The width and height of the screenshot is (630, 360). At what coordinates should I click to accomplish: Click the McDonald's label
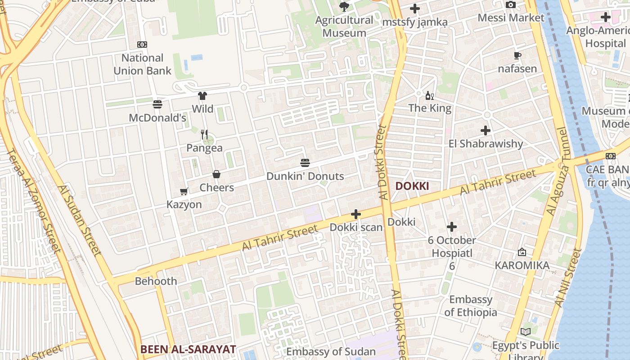tap(157, 118)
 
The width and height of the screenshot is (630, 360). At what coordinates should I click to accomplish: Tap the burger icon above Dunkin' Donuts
tap(305, 163)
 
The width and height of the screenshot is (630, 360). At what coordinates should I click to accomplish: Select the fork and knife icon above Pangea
tap(204, 134)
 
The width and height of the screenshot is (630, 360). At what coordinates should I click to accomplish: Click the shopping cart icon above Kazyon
tap(184, 192)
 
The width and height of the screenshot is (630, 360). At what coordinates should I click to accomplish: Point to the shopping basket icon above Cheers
tap(216, 174)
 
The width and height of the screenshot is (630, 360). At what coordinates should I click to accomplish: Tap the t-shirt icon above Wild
tap(202, 96)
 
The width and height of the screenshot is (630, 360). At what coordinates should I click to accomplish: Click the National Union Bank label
tap(142, 64)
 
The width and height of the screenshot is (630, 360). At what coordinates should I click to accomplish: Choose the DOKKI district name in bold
tap(412, 186)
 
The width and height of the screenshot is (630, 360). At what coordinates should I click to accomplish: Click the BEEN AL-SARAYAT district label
tap(188, 349)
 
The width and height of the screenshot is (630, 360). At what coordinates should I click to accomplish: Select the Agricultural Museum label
tap(344, 27)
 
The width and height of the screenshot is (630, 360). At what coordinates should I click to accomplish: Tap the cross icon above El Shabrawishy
tap(486, 130)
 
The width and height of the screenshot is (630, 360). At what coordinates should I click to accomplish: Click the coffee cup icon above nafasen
tap(517, 56)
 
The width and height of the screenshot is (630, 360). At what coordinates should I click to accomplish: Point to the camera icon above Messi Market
tap(511, 5)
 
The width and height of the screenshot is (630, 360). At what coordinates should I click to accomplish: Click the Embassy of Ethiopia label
tap(471, 306)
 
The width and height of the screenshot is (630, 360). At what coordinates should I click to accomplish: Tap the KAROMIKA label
tap(522, 265)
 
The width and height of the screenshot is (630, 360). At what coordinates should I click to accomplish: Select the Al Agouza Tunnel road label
tap(557, 171)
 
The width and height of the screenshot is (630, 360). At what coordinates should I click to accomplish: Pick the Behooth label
tap(156, 281)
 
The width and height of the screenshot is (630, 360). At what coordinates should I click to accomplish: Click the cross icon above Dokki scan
tap(356, 214)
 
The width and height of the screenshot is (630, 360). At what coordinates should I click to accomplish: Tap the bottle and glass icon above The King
tap(430, 95)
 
